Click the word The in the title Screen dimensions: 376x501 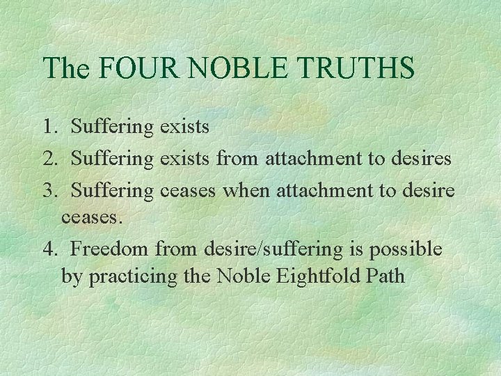click(x=67, y=68)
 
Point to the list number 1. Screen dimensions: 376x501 click(x=49, y=127)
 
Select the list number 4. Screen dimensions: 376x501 click(x=49, y=249)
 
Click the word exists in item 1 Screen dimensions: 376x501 click(x=184, y=127)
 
